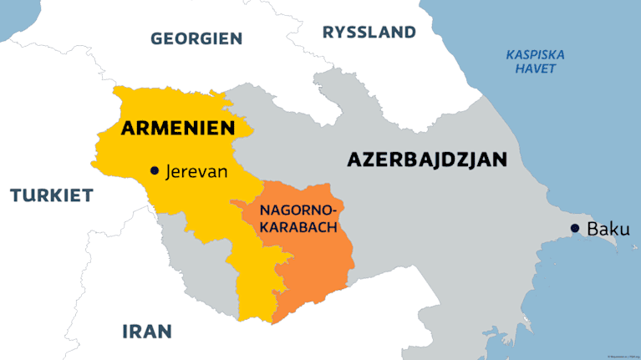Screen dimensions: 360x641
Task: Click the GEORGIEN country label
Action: pyautogui.click(x=196, y=38)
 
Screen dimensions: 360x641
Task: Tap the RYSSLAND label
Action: pyautogui.click(x=369, y=33)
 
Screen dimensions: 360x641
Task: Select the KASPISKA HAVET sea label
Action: pyautogui.click(x=536, y=62)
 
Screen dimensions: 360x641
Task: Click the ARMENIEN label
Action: pyautogui.click(x=176, y=128)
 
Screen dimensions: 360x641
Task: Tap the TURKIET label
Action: pyautogui.click(x=52, y=195)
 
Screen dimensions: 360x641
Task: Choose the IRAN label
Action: pyautogui.click(x=147, y=330)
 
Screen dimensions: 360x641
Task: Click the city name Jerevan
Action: pyautogui.click(x=197, y=171)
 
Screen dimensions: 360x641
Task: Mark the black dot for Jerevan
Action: pyautogui.click(x=154, y=170)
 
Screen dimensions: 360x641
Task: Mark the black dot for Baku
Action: pyautogui.click(x=575, y=228)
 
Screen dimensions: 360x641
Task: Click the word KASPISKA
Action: pyautogui.click(x=536, y=55)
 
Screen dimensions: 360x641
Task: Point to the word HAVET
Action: pyautogui.click(x=536, y=69)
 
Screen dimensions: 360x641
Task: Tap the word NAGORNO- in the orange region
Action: pyautogui.click(x=298, y=209)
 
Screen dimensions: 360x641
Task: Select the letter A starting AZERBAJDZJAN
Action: pyautogui.click(x=354, y=160)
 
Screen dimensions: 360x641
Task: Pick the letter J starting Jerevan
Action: pyautogui.click(x=170, y=172)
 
